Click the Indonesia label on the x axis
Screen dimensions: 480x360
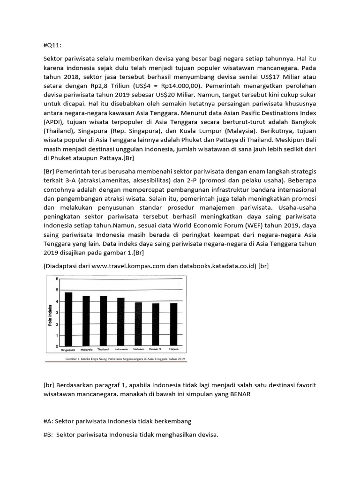coord(121,350)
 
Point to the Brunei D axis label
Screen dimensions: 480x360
coord(156,350)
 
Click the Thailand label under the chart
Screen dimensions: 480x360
coord(103,350)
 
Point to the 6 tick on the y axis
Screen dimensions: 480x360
coord(58,279)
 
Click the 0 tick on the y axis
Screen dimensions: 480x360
coord(58,346)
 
